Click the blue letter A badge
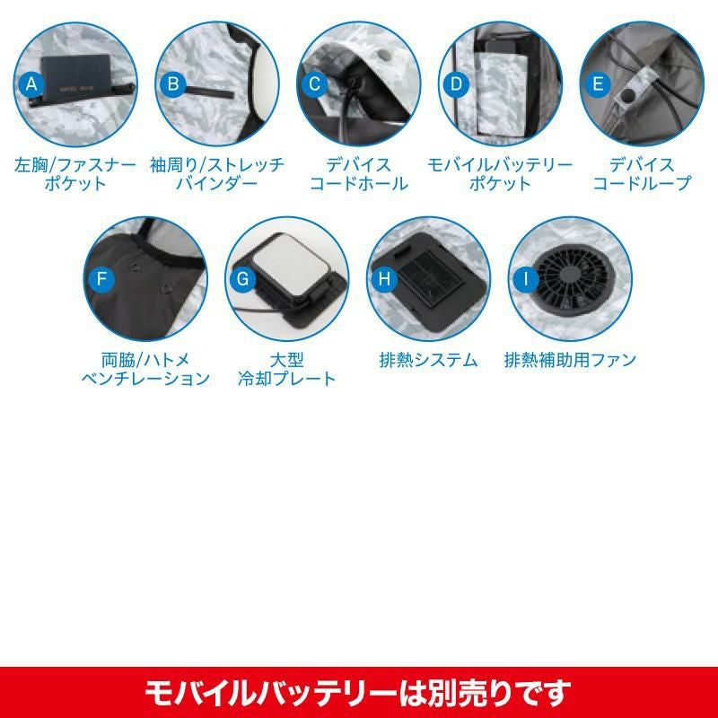(x=31, y=84)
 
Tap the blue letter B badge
(x=173, y=84)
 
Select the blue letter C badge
(x=315, y=84)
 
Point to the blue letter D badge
(x=457, y=84)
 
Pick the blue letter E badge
(x=598, y=84)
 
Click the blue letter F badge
(x=101, y=278)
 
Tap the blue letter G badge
(x=242, y=278)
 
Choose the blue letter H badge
(x=384, y=278)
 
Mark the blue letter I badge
(x=526, y=278)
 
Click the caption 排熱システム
(x=429, y=360)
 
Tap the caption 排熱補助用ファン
(x=570, y=360)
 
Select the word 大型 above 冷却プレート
(x=287, y=360)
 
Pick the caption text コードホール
(x=358, y=184)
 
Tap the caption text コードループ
(x=642, y=184)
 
